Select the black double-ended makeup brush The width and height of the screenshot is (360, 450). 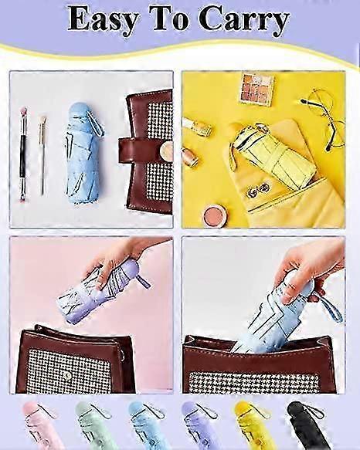23,155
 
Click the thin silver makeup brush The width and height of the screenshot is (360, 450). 42,154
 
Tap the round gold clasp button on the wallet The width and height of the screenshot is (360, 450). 167,150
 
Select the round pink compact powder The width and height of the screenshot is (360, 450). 216,214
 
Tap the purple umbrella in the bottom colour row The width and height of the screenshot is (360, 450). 199,425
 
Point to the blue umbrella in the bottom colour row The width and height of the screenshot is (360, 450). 146,425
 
